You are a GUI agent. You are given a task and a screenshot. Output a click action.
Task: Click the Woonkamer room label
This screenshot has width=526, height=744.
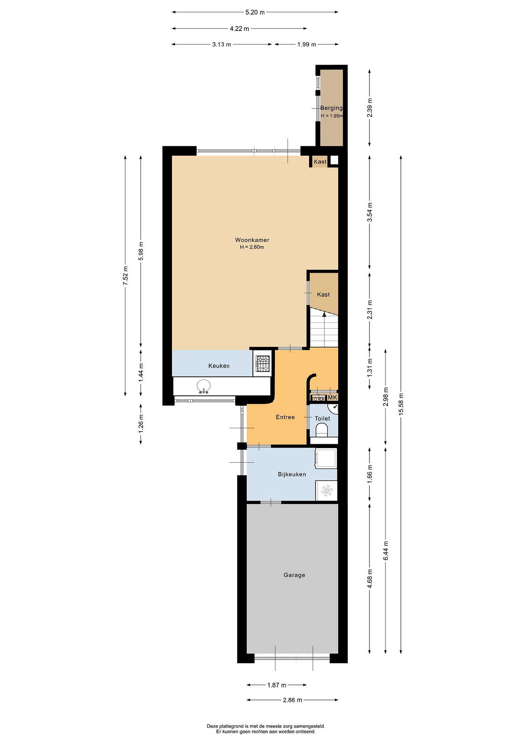(x=252, y=240)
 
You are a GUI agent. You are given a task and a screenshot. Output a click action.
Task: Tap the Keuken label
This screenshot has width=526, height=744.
(x=219, y=366)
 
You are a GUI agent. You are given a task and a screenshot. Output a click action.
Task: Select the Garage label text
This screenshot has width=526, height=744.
(x=294, y=575)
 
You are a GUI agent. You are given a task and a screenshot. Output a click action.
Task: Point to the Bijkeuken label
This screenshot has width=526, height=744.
(x=292, y=474)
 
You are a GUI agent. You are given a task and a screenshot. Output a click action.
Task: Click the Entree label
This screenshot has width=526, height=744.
(x=285, y=417)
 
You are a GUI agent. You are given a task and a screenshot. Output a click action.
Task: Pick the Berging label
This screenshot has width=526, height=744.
(x=331, y=108)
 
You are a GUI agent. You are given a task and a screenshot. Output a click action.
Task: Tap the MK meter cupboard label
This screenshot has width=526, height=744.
(x=333, y=397)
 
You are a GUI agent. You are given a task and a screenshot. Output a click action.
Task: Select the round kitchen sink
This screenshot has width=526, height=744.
(x=203, y=386)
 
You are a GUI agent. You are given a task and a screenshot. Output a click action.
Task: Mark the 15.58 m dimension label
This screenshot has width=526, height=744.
(x=401, y=404)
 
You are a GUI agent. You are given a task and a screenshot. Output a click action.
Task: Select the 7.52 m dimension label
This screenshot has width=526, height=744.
(x=125, y=275)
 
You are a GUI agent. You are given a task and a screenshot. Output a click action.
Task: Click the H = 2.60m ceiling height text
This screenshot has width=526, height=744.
(x=252, y=247)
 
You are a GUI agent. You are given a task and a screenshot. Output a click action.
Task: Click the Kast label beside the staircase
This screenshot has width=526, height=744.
(x=323, y=295)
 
